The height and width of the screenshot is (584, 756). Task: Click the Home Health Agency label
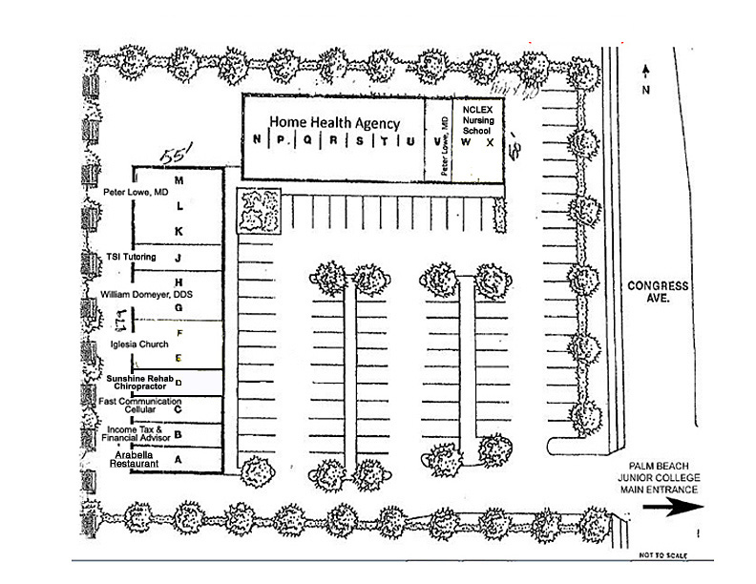click(x=333, y=122)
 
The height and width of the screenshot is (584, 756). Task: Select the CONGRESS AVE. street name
click(x=658, y=291)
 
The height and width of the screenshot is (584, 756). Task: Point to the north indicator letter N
click(x=646, y=92)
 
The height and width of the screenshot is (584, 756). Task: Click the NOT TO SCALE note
click(x=656, y=554)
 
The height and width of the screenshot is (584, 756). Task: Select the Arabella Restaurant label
click(x=135, y=460)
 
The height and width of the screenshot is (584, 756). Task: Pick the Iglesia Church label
click(x=138, y=344)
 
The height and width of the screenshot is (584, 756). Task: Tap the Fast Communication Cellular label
click(x=139, y=406)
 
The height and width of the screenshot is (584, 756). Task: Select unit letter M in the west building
click(x=178, y=179)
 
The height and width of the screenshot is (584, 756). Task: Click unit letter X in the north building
click(x=490, y=142)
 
